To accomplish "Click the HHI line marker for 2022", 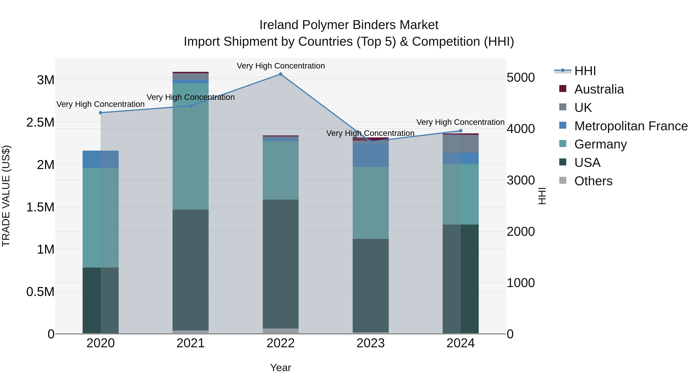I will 280,74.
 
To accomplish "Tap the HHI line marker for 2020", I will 100,112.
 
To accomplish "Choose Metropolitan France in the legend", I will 631,126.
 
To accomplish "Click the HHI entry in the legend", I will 585,71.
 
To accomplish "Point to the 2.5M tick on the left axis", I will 40,123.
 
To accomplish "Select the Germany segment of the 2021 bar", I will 190,146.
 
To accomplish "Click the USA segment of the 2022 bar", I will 280,264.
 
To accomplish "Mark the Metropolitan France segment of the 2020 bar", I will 100,159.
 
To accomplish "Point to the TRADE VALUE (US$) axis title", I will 6,196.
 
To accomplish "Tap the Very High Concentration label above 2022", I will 280,66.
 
